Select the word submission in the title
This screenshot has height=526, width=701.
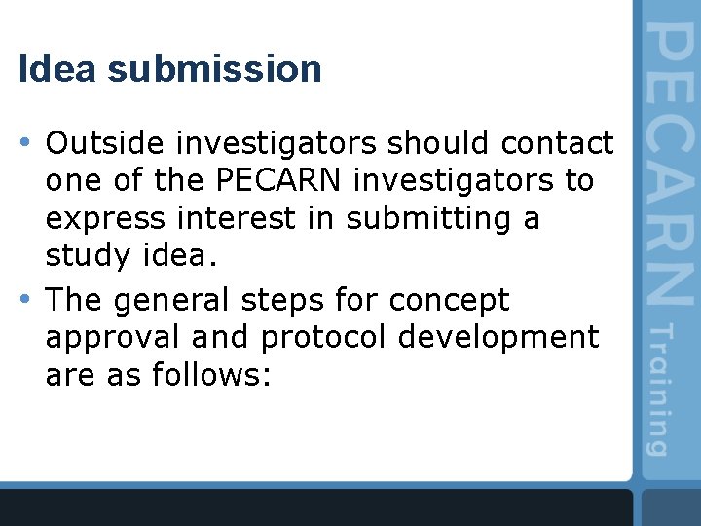(x=214, y=69)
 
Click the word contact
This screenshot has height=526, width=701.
(x=558, y=144)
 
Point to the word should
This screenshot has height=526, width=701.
(x=440, y=144)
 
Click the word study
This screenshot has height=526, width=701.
(x=84, y=257)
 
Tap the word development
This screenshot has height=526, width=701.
(x=506, y=338)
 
